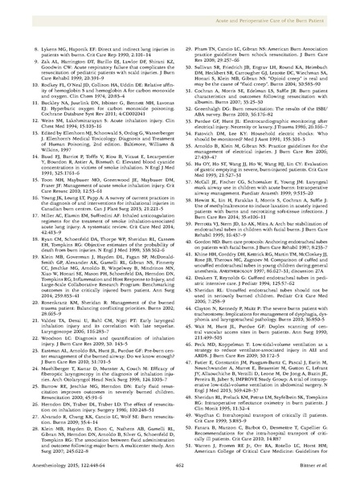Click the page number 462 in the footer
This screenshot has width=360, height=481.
tap(180, 452)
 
